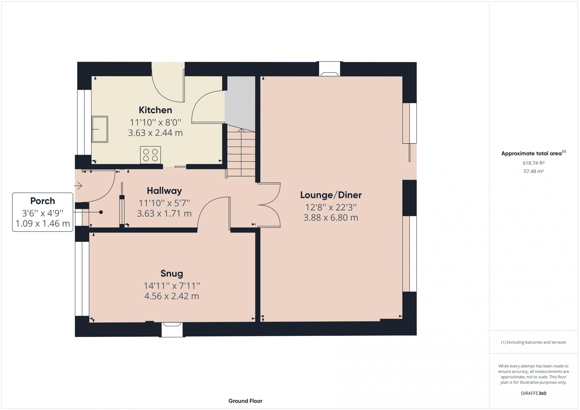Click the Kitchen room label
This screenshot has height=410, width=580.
(155, 110)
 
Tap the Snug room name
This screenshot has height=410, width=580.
(172, 273)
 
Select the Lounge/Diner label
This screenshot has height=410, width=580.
(331, 195)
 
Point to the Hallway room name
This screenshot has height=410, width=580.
(164, 191)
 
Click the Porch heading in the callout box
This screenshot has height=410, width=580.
(43, 201)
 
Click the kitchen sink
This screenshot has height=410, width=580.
(100, 129)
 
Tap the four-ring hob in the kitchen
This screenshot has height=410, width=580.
(151, 155)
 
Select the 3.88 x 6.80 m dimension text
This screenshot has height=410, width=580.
(331, 218)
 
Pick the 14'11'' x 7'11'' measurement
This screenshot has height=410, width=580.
(172, 286)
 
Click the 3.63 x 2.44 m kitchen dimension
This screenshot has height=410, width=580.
(155, 133)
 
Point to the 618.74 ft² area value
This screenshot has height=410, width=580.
(534, 163)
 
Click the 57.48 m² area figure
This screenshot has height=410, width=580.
(534, 171)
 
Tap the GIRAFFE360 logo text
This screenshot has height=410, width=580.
(534, 393)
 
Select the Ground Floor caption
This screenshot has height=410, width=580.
(245, 401)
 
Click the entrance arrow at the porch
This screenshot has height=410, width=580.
(78, 186)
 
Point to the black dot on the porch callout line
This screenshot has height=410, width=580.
(101, 212)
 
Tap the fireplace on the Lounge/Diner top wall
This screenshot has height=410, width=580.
(329, 70)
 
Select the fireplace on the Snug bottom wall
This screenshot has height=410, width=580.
(172, 329)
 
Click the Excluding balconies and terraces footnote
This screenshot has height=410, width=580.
(534, 342)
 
